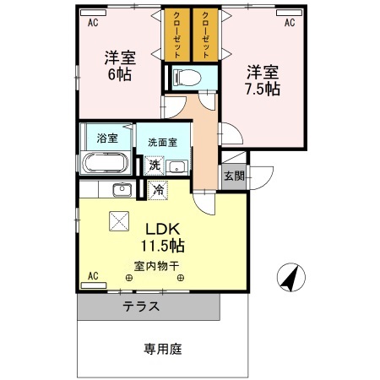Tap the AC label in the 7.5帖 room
(289, 24)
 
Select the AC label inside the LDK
(92, 275)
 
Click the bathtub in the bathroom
(106, 161)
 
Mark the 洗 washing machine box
(154, 166)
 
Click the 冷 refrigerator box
(157, 191)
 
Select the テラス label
(141, 307)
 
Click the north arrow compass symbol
(289, 274)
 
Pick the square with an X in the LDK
(117, 222)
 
